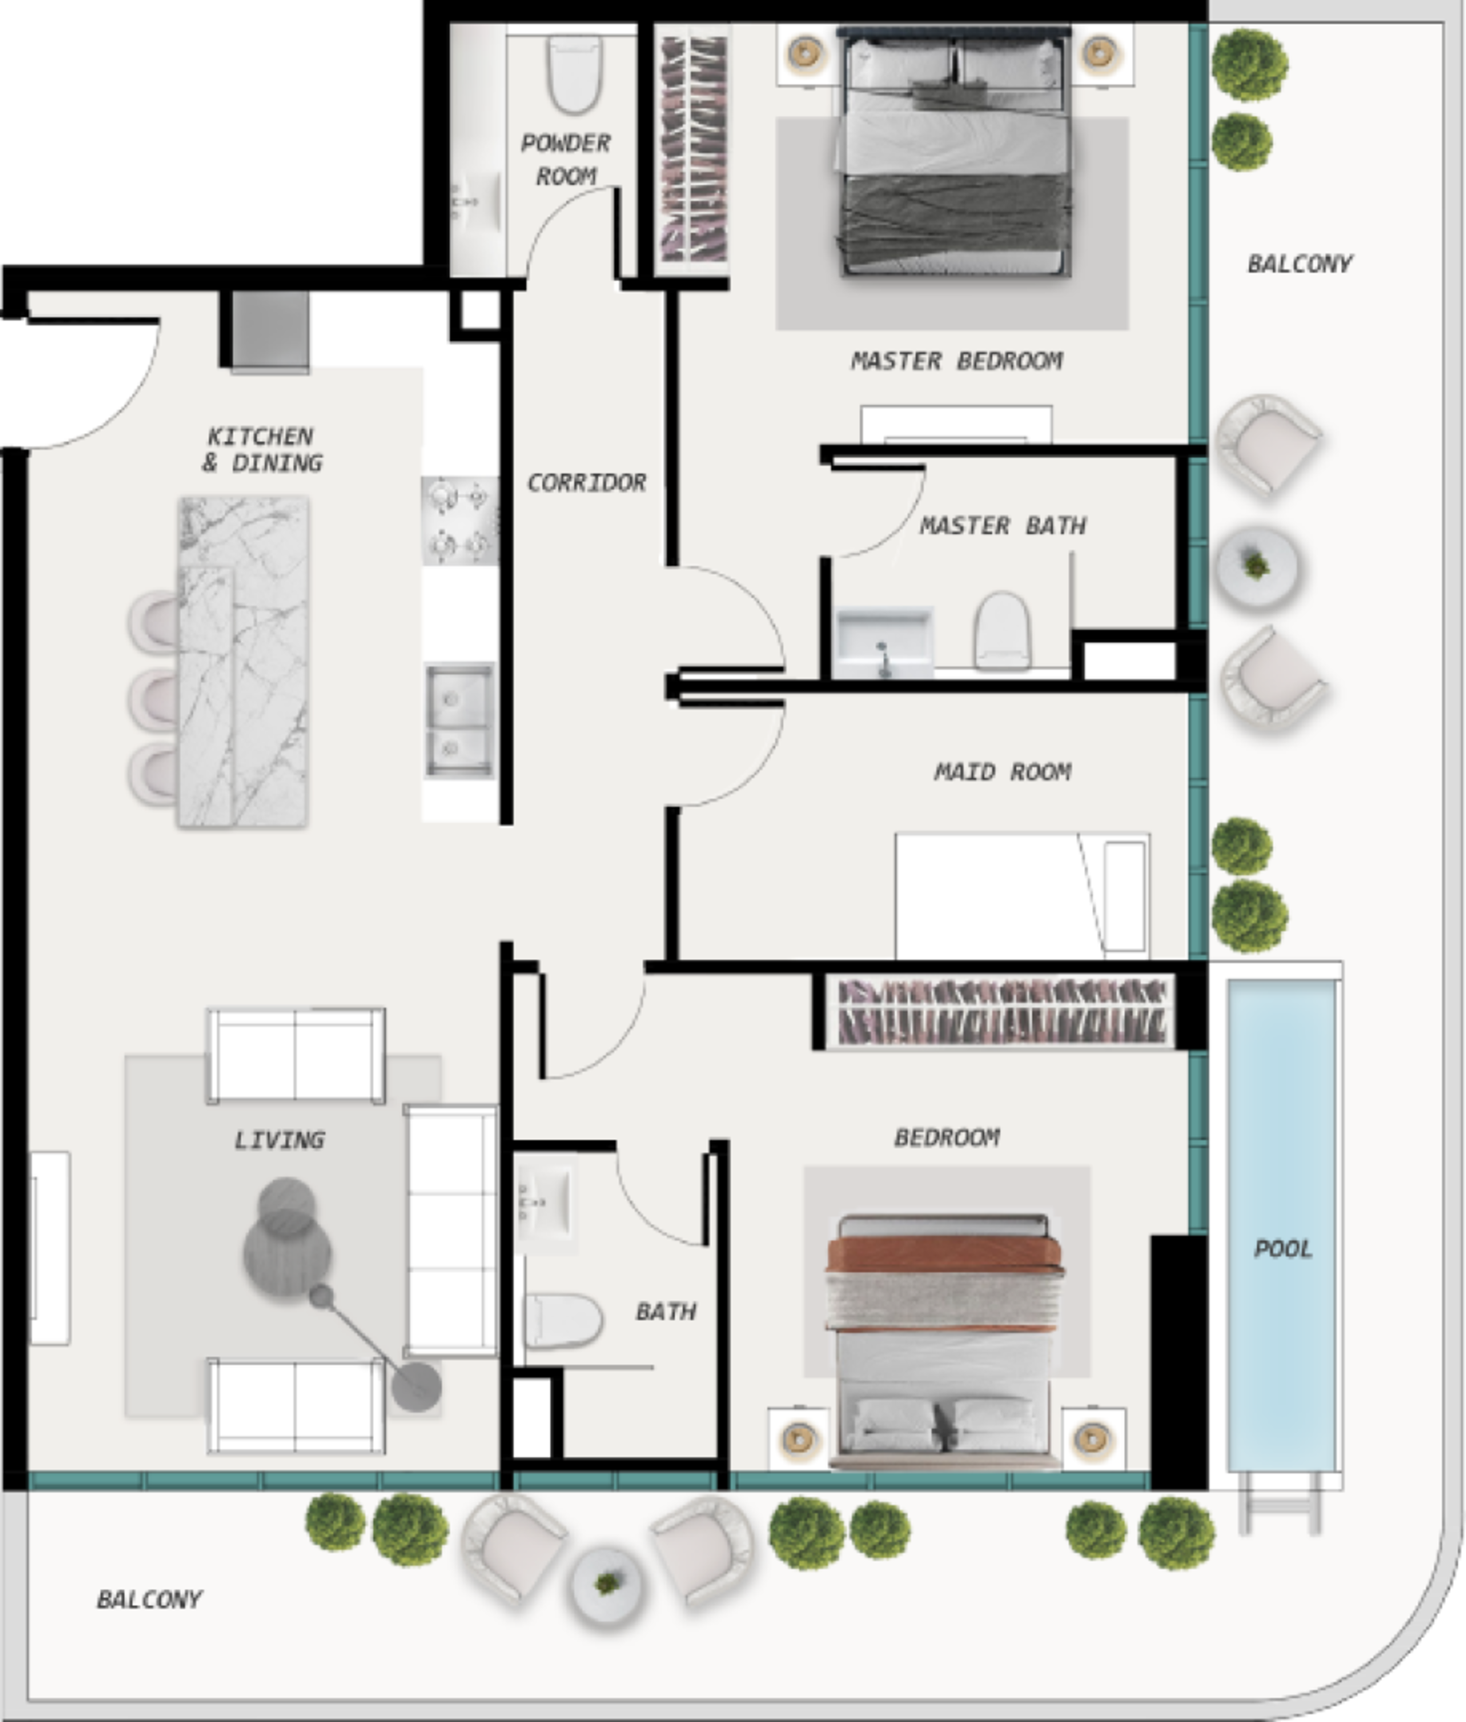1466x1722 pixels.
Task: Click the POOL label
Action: point(1282,1248)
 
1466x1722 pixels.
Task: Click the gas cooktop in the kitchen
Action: point(459,521)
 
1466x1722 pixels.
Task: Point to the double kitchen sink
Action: point(459,720)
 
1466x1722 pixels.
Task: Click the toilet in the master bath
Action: point(1002,630)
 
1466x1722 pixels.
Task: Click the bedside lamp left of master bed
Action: point(804,53)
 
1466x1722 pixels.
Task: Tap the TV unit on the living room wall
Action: point(50,1248)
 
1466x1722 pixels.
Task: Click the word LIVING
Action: point(279,1141)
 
